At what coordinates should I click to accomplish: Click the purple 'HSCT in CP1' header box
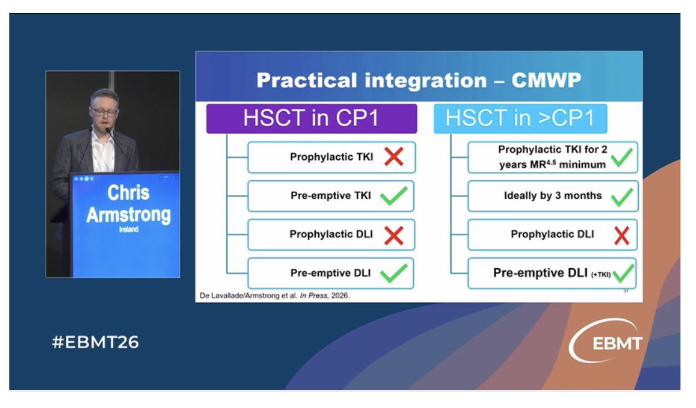pyautogui.click(x=311, y=119)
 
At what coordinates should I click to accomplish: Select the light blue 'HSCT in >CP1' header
pyautogui.click(x=520, y=119)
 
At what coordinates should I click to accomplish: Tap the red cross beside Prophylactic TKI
pyautogui.click(x=394, y=157)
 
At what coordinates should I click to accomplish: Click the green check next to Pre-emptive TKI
pyautogui.click(x=394, y=196)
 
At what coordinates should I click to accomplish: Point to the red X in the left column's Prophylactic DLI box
pyautogui.click(x=394, y=235)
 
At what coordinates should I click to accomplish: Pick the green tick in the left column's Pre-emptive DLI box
pyautogui.click(x=394, y=273)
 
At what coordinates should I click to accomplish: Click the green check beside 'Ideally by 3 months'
pyautogui.click(x=622, y=197)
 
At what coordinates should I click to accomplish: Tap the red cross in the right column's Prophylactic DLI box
pyautogui.click(x=622, y=235)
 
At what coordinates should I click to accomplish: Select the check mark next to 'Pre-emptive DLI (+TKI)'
pyautogui.click(x=623, y=273)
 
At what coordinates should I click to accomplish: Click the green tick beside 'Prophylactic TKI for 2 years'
pyautogui.click(x=622, y=158)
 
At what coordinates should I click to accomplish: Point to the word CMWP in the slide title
pyautogui.click(x=546, y=80)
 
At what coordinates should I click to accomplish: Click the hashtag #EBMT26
pyautogui.click(x=96, y=342)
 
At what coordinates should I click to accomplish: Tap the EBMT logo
pyautogui.click(x=606, y=340)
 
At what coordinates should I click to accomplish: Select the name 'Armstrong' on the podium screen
pyautogui.click(x=129, y=215)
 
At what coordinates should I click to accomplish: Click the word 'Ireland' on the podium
pyautogui.click(x=129, y=229)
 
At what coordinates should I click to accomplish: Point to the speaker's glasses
pyautogui.click(x=104, y=111)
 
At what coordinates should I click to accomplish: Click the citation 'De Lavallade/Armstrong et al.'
pyautogui.click(x=249, y=296)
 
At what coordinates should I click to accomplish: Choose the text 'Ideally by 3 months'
pyautogui.click(x=553, y=196)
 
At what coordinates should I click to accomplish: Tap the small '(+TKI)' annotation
pyautogui.click(x=601, y=274)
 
